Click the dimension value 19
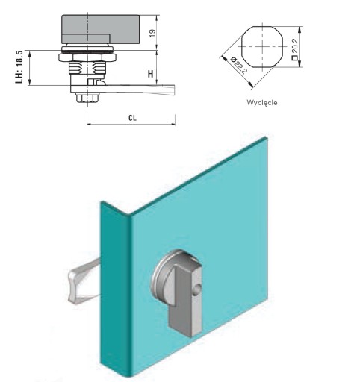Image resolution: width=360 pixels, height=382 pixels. [152, 34]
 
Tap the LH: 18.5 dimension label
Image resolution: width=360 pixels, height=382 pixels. [19, 67]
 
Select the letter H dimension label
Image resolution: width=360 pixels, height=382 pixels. [150, 74]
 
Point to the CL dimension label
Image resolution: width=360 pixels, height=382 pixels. [132, 118]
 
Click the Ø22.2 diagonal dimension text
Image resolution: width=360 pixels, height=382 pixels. [239, 66]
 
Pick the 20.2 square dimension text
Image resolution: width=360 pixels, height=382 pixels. [295, 46]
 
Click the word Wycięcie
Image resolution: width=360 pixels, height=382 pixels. [262, 102]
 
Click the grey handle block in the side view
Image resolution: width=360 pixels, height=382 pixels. [101, 29]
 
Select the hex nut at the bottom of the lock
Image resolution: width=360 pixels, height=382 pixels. [87, 98]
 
